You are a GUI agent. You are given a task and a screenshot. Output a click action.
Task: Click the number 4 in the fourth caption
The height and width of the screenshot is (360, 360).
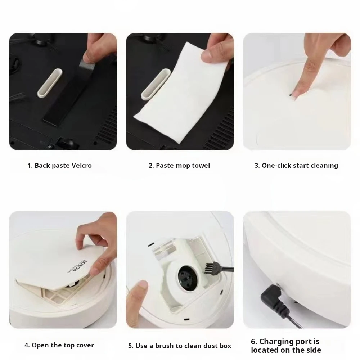pyautogui.click(x=27, y=345)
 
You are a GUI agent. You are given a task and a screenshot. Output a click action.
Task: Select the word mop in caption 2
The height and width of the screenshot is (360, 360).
pyautogui.click(x=182, y=166)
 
